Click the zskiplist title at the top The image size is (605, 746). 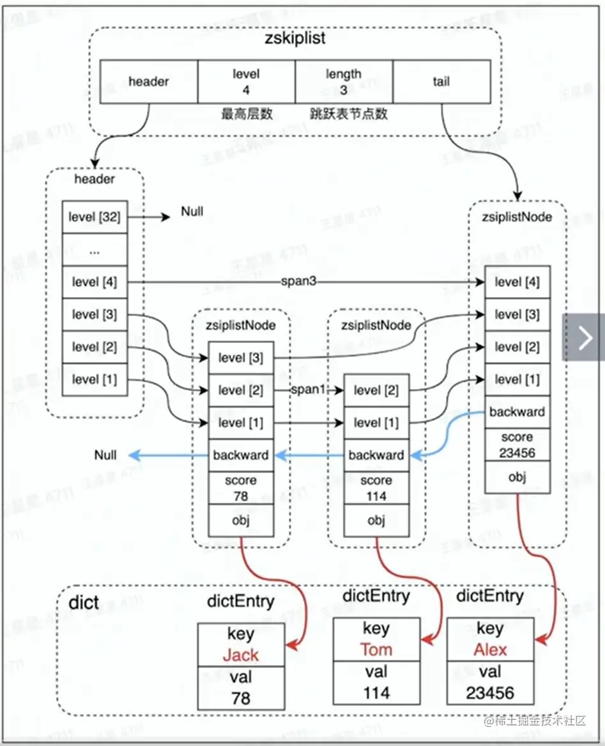click(x=295, y=38)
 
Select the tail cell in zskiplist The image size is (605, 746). click(x=441, y=82)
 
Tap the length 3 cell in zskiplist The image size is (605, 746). click(x=343, y=82)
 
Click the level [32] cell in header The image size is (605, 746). click(x=94, y=217)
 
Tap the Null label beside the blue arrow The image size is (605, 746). click(x=105, y=455)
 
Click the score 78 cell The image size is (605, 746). click(x=241, y=488)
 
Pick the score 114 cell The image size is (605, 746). click(x=376, y=488)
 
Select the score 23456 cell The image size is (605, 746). click(x=517, y=445)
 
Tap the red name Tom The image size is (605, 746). click(x=376, y=650)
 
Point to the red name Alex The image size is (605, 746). click(x=490, y=650)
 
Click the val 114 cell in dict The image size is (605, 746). click(x=376, y=683)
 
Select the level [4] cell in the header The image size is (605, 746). click(x=94, y=282)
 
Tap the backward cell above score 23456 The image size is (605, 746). click(x=517, y=412)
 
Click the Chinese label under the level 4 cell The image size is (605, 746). click(x=247, y=114)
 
